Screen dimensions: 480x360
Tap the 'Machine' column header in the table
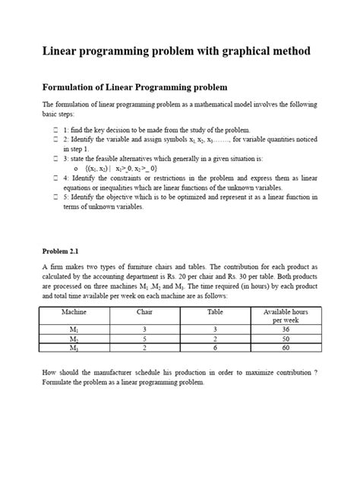pyautogui.click(x=75, y=312)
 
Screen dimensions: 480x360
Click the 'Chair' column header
pyautogui.click(x=145, y=312)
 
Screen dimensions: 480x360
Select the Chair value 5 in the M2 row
pyautogui.click(x=145, y=339)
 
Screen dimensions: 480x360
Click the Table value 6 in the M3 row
pyautogui.click(x=215, y=348)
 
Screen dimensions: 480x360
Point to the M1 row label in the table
pyautogui.click(x=74, y=330)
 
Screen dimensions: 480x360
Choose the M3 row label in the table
pyautogui.click(x=74, y=348)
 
